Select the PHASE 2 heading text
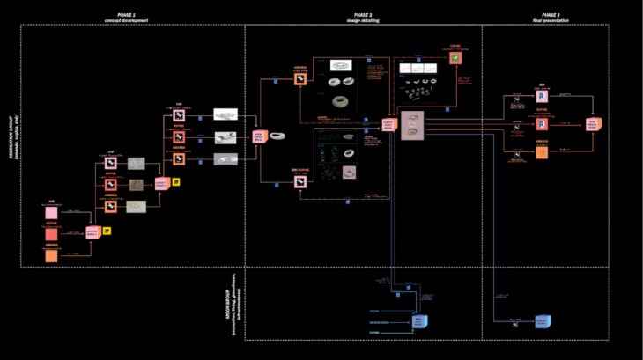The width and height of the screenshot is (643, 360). click(363, 15)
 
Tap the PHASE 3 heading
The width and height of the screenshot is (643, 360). click(550, 15)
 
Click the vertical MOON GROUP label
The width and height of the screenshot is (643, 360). click(231, 303)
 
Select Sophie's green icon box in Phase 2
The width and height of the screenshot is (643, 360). click(455, 58)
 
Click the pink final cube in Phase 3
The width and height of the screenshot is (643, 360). click(594, 125)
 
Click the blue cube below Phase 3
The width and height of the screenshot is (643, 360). click(542, 322)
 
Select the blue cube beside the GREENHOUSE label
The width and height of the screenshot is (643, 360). click(419, 322)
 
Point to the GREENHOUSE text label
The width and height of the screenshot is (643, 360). click(381, 322)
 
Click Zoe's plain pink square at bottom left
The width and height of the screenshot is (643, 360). click(52, 213)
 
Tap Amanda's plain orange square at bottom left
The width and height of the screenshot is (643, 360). click(52, 255)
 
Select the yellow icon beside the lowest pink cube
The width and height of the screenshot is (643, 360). click(107, 231)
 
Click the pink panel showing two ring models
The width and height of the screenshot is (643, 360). click(411, 126)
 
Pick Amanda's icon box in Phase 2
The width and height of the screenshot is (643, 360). click(300, 79)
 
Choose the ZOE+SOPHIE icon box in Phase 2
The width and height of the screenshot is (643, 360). click(300, 182)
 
